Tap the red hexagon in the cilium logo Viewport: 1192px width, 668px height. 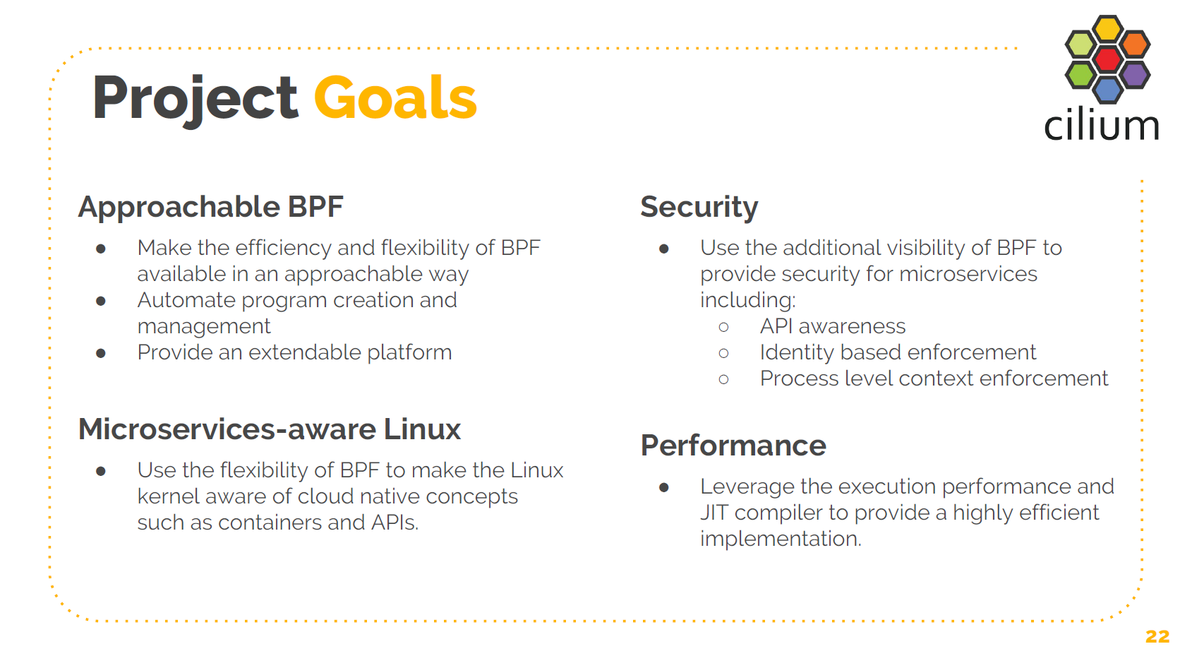click(x=1107, y=59)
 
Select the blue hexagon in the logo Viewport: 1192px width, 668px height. click(x=1107, y=89)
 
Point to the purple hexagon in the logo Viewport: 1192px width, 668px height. click(x=1135, y=74)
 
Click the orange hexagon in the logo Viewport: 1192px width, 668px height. click(x=1135, y=44)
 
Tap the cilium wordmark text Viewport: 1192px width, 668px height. click(x=1101, y=126)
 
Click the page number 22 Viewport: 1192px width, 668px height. click(x=1157, y=636)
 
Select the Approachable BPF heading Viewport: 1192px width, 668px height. click(x=210, y=207)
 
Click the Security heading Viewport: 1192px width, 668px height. click(x=699, y=207)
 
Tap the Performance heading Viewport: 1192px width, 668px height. click(x=733, y=446)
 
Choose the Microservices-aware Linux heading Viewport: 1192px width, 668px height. click(x=269, y=429)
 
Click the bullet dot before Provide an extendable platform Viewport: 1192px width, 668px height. click(x=101, y=353)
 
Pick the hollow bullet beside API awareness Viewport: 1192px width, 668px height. click(x=723, y=327)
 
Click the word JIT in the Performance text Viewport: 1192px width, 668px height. click(x=714, y=513)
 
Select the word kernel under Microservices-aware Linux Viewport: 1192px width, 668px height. click(x=166, y=496)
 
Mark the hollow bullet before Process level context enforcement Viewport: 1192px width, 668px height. click(x=723, y=379)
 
